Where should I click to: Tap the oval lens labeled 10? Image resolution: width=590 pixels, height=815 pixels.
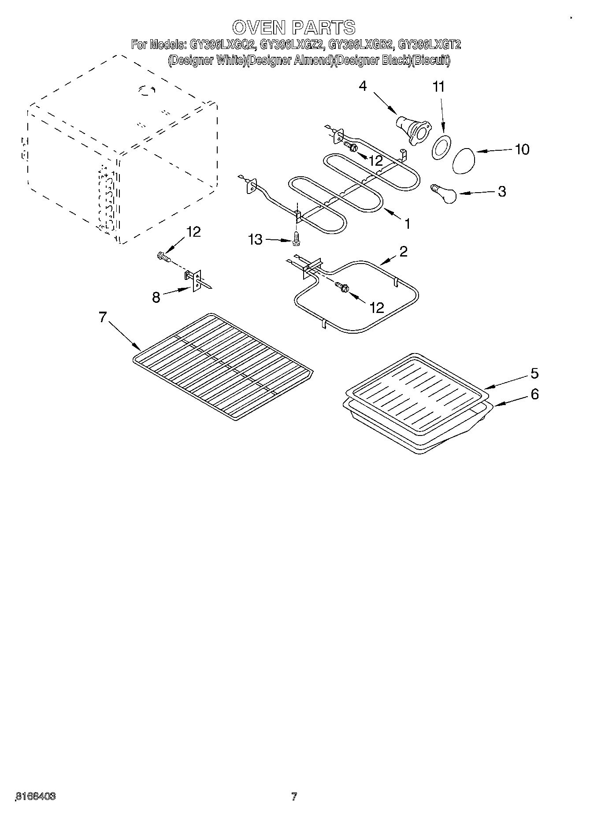pos(464,161)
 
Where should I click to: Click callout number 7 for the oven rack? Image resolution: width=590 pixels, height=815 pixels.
pos(103,317)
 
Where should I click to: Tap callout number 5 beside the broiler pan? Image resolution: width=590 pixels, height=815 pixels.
pos(534,373)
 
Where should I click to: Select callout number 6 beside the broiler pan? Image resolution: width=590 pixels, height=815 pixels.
pos(534,394)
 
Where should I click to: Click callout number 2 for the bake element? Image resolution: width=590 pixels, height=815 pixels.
pos(403,252)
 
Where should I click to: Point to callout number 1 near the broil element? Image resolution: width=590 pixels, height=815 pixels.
pos(408,224)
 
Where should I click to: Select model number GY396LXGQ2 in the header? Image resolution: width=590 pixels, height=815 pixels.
pos(223,44)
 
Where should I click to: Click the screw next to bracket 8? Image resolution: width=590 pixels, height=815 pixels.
pos(163,256)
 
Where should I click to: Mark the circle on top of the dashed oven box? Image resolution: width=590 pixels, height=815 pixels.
pos(145,90)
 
